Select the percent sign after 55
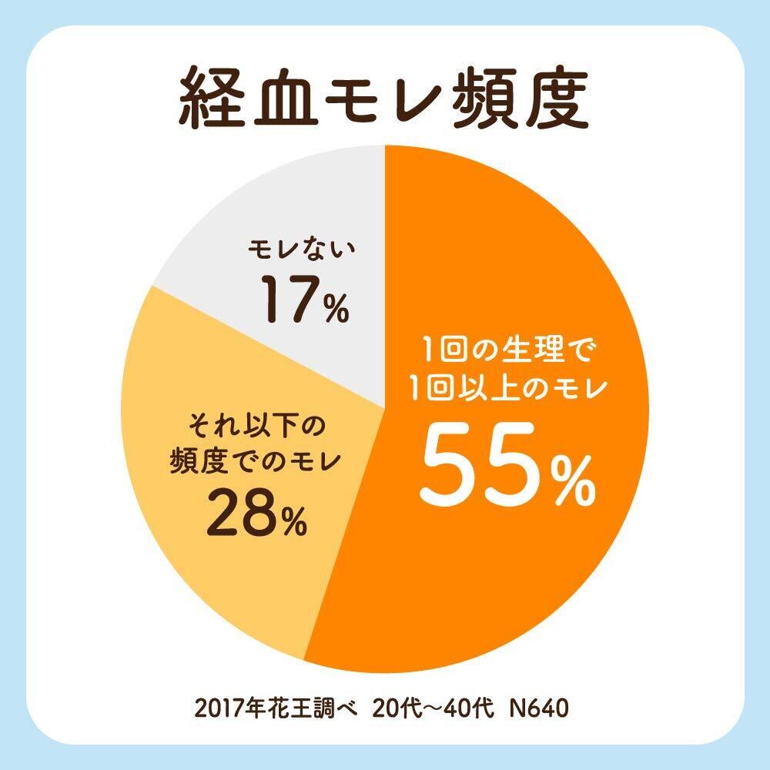(x=567, y=479)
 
